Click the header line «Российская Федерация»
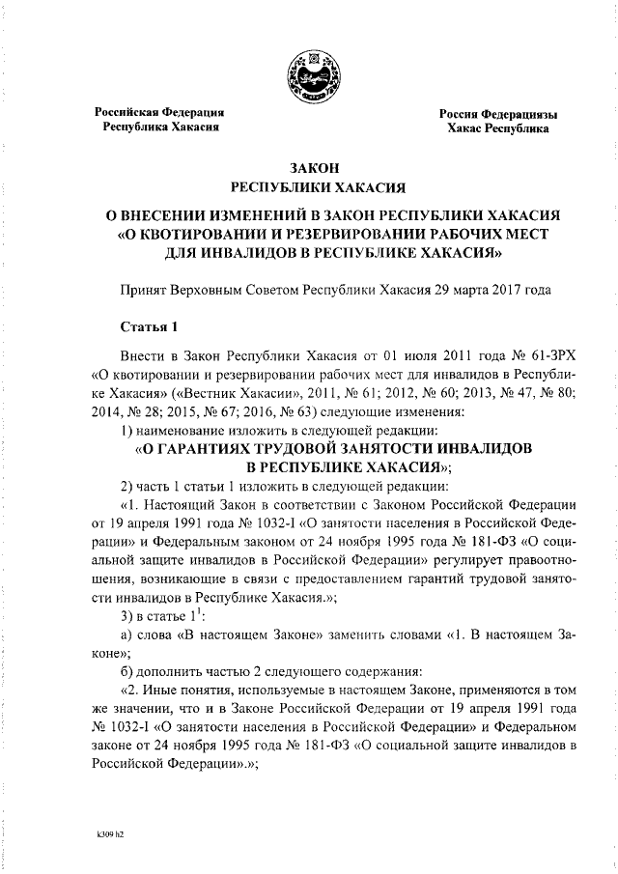158,112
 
